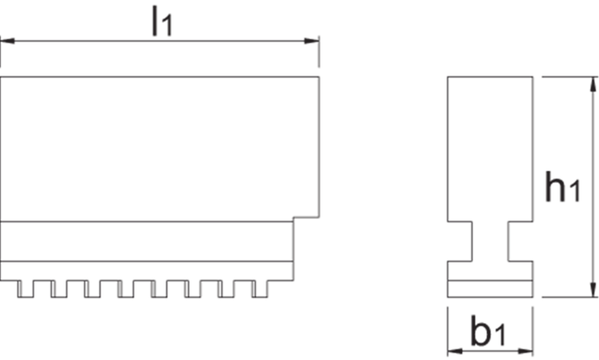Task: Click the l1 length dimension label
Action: (x=161, y=21)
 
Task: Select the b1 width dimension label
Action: (x=489, y=331)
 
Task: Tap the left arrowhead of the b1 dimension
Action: (x=454, y=349)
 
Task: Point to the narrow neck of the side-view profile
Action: (x=491, y=243)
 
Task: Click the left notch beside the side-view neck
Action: (x=462, y=243)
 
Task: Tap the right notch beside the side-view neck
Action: (x=520, y=243)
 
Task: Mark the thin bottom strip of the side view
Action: (x=491, y=289)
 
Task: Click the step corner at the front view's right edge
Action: (x=294, y=219)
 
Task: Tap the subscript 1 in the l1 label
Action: (x=168, y=27)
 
